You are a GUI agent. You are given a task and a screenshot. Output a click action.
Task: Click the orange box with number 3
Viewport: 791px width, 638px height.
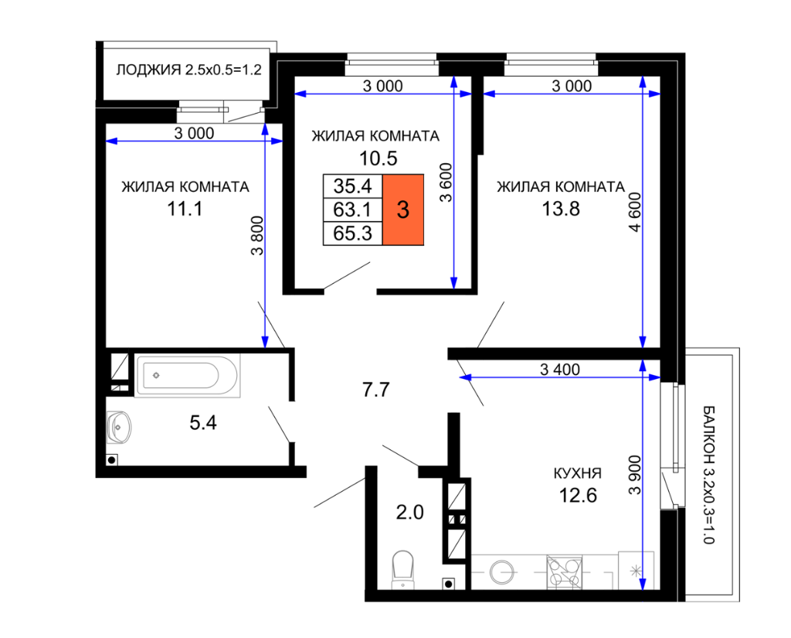(403, 210)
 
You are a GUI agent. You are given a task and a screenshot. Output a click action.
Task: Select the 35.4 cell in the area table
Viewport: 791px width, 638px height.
(352, 186)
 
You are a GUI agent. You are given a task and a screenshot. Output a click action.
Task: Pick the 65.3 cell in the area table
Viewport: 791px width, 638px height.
(352, 234)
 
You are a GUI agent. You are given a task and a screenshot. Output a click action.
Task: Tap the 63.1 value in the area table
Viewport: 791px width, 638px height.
(352, 210)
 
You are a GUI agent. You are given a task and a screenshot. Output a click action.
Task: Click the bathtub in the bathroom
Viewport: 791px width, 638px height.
(188, 375)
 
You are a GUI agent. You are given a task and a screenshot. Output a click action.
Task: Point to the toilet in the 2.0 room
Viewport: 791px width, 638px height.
(403, 570)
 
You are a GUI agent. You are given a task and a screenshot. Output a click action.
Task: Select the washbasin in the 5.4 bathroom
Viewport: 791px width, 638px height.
(119, 428)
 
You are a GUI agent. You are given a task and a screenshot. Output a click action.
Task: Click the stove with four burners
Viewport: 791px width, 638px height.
(564, 572)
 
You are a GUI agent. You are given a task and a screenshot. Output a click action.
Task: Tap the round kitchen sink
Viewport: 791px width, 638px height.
(503, 572)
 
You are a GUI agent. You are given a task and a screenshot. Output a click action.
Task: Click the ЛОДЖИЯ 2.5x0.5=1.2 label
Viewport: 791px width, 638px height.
(188, 70)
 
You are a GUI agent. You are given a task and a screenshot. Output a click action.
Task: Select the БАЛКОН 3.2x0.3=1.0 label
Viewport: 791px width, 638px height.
(708, 474)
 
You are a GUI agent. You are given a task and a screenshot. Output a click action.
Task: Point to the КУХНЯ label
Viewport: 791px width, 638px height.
(578, 473)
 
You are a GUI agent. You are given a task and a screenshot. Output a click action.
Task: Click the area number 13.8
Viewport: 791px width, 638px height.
(561, 209)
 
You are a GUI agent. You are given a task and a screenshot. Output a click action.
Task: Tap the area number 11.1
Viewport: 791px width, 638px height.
(185, 209)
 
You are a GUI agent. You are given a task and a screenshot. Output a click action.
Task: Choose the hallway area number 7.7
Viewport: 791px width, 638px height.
(376, 390)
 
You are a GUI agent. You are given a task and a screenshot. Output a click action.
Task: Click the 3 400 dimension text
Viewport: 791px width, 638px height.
(560, 369)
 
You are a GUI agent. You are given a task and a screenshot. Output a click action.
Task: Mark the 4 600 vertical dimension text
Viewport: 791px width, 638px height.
(635, 212)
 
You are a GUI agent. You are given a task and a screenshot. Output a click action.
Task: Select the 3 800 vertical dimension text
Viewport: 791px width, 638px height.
(257, 235)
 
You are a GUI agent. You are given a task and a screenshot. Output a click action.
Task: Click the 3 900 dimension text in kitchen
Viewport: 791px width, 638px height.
(635, 475)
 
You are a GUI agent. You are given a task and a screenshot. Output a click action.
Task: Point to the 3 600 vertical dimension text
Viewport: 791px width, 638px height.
(446, 183)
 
